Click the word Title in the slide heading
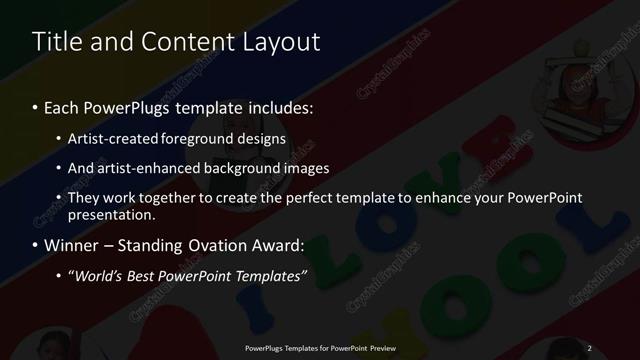pos(57,42)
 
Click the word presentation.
pos(112,214)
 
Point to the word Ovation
pos(221,245)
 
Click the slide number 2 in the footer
pos(589,347)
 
